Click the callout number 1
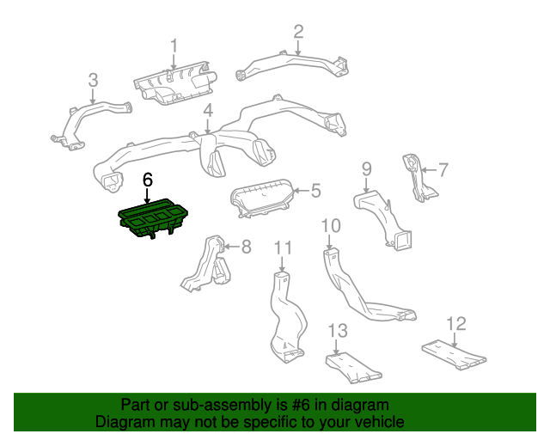pos(174,46)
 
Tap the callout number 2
pos(298,32)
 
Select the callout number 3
pos(94,81)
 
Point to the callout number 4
pos(208,111)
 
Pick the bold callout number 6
pos(148,180)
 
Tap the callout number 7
pos(443,169)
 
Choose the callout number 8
pos(246,247)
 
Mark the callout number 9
pos(366,168)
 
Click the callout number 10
pos(331,226)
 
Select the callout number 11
pos(284,248)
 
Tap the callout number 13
pos(338,331)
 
